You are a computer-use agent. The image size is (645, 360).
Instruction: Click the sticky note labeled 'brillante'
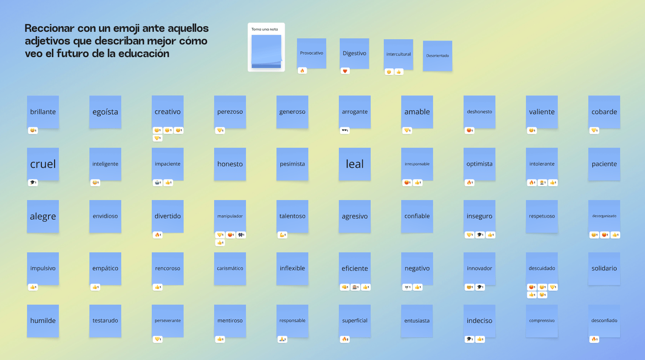coord(43,112)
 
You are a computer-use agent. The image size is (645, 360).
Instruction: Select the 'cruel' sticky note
coord(43,164)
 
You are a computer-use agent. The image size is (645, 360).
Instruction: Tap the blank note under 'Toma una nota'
coord(266,51)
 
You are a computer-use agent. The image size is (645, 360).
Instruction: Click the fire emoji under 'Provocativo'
coord(302,71)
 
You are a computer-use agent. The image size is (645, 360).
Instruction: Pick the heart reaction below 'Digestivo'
coord(345,71)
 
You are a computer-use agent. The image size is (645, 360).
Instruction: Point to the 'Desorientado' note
coord(437,56)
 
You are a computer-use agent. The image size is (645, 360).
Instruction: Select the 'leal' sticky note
coord(355,164)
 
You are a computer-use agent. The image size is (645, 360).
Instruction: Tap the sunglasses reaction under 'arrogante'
coord(345,130)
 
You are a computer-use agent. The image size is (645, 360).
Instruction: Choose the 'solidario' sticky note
coord(604,268)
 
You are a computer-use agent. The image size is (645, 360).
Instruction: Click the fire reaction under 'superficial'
coord(345,339)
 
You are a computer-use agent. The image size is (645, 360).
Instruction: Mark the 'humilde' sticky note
coord(43,321)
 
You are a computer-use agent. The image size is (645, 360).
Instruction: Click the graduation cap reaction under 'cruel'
coord(33,183)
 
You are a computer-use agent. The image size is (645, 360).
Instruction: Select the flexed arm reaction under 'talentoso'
coord(282,235)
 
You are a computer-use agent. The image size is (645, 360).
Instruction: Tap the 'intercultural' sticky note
coord(398,54)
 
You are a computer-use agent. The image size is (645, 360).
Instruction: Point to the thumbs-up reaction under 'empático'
coord(96,287)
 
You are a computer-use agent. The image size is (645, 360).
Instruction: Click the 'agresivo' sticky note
coord(355,217)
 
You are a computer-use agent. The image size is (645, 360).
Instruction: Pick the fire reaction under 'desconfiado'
coord(594,339)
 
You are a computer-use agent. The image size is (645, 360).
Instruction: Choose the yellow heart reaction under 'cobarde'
coord(594,130)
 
